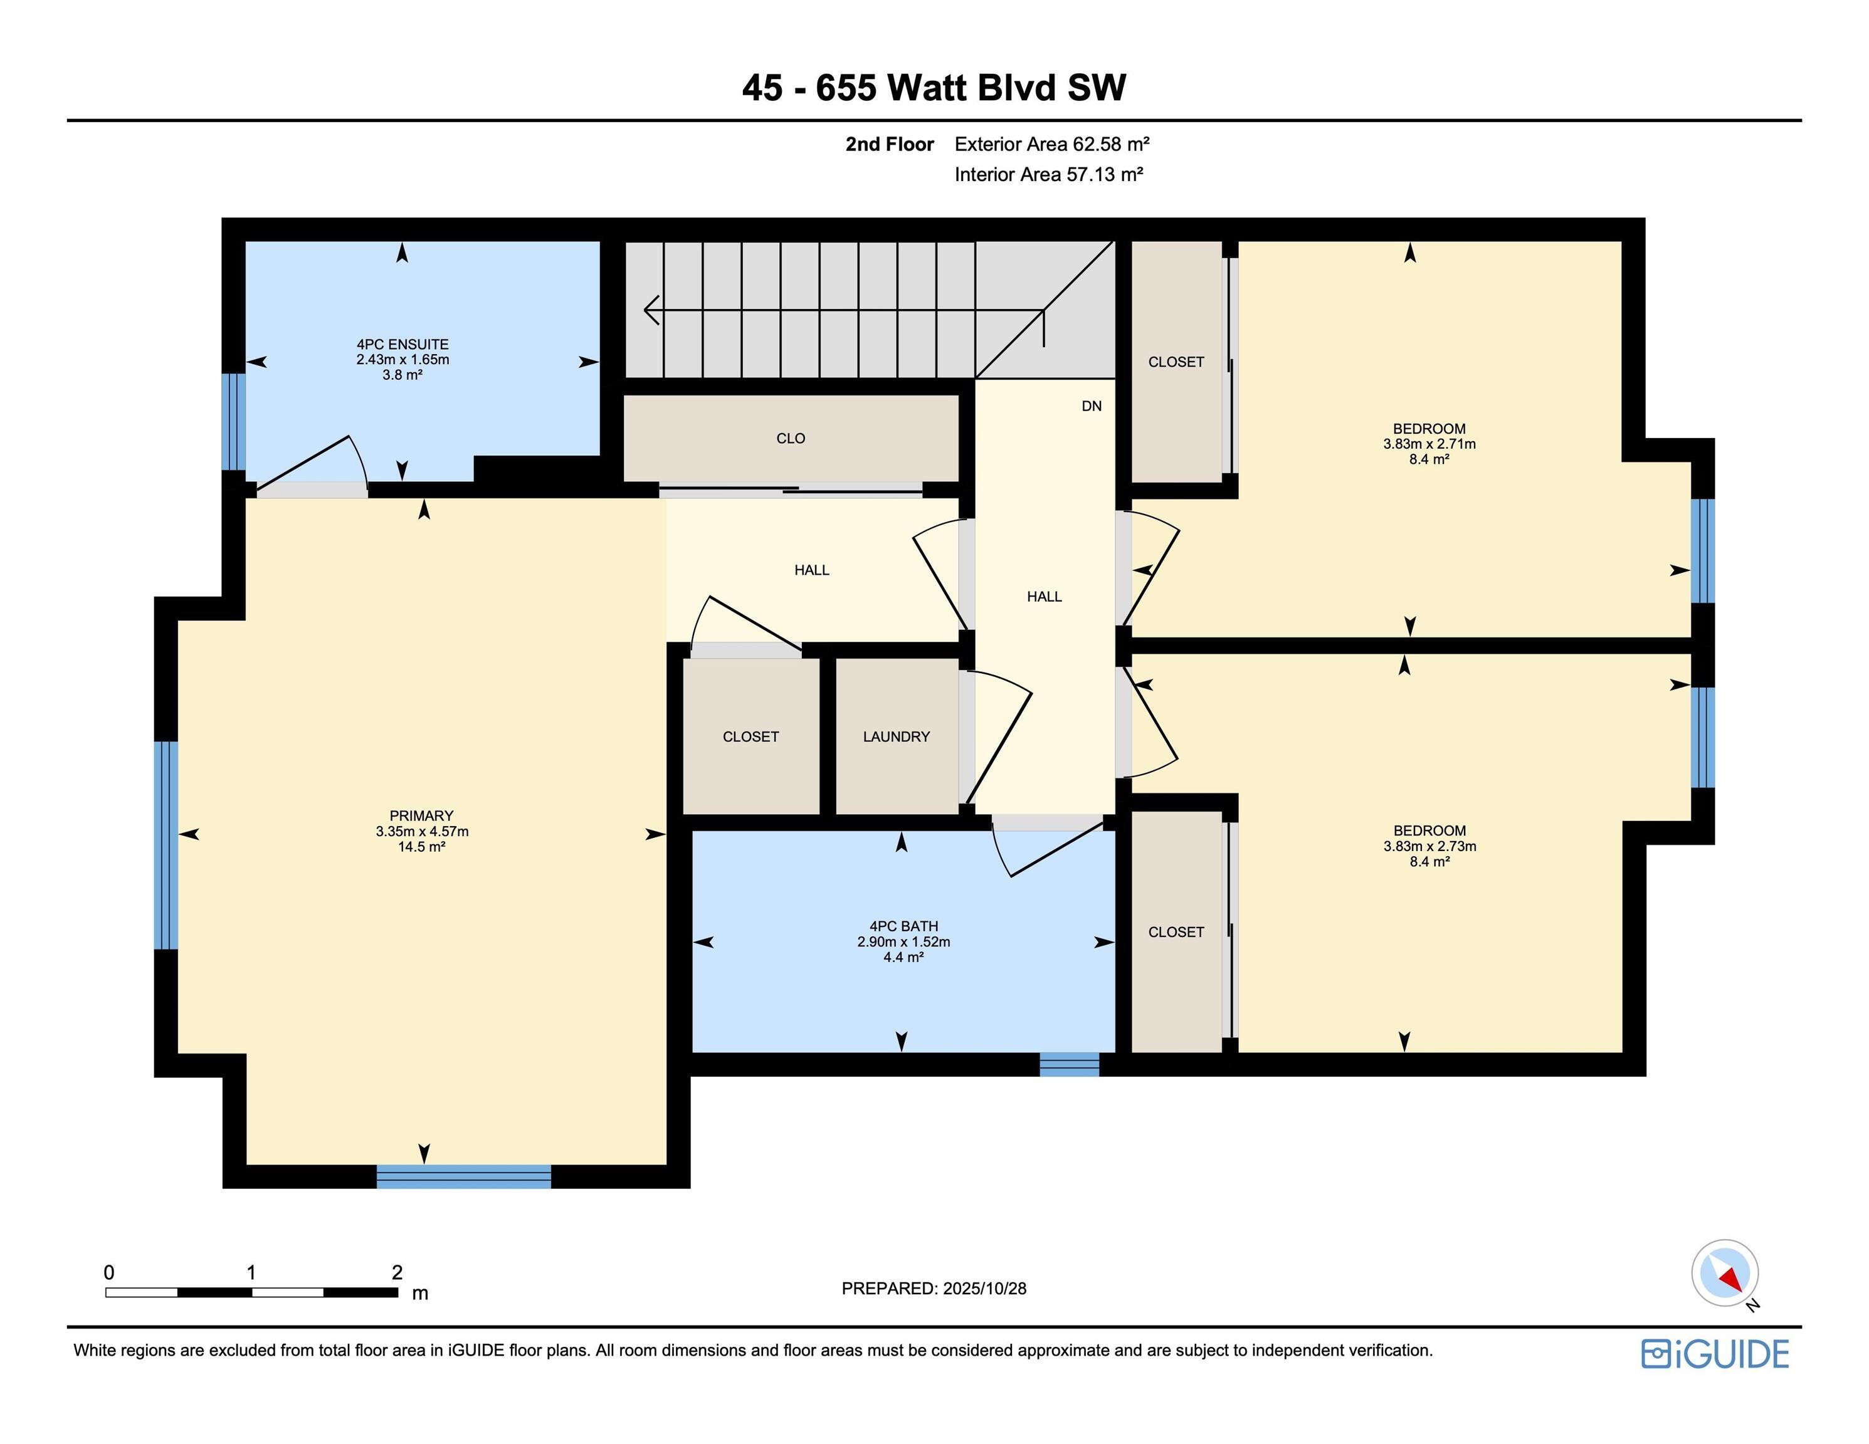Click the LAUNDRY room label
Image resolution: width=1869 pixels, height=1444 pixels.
point(896,736)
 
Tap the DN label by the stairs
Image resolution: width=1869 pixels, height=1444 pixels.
point(1091,406)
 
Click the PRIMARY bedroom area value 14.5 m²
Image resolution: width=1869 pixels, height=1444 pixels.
point(421,847)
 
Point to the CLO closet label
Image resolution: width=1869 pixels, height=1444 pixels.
point(790,439)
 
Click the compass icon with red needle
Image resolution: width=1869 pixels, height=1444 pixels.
point(1724,1273)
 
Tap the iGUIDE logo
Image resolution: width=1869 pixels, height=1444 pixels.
point(1714,1354)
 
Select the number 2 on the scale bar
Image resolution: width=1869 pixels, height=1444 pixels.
point(397,1272)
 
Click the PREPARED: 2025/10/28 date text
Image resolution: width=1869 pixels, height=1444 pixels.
point(934,1289)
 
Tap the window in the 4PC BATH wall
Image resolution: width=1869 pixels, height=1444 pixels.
point(1069,1064)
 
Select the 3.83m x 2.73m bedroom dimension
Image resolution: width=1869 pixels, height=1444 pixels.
point(1429,846)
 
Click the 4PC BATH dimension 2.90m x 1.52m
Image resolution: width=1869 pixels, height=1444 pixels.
point(903,942)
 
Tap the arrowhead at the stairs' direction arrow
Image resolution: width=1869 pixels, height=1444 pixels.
point(650,310)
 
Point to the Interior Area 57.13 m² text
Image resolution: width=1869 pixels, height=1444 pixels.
point(1048,174)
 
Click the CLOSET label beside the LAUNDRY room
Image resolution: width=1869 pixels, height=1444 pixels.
point(750,736)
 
